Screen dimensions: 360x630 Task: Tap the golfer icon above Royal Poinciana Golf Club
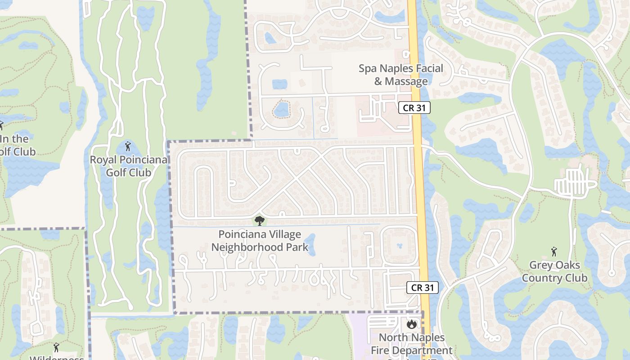128,146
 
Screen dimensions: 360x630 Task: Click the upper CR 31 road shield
414,108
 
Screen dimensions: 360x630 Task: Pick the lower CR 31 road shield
422,288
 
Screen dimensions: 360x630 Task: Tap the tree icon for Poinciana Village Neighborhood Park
259,220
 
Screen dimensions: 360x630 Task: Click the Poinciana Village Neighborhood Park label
260,241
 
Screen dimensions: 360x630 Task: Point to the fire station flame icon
411,324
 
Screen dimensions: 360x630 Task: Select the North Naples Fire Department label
412,344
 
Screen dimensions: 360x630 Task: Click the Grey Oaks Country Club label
554,271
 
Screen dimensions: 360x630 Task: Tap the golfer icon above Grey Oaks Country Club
553,252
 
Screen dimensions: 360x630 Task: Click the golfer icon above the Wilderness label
56,347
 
